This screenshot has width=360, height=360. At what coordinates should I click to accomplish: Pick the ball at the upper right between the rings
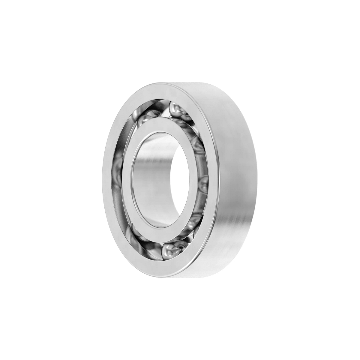(198, 144)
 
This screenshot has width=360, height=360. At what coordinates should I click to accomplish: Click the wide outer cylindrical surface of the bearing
(237, 177)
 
